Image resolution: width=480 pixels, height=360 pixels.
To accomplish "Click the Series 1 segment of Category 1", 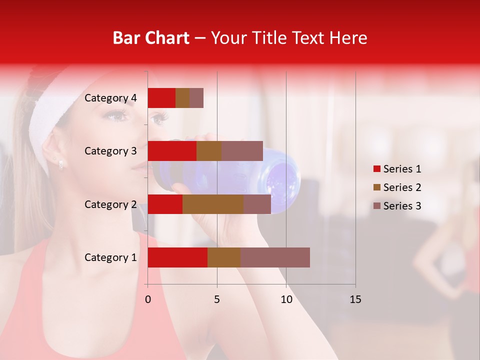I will tap(177, 257).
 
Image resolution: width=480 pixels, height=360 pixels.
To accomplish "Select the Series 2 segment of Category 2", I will tap(213, 204).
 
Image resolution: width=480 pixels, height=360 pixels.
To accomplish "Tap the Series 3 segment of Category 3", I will tap(242, 151).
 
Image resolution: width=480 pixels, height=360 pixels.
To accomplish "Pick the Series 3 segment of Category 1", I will tap(275, 257).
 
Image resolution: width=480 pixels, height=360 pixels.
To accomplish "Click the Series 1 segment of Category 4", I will tap(161, 98).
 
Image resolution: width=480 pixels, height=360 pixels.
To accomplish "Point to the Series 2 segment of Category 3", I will tap(209, 151).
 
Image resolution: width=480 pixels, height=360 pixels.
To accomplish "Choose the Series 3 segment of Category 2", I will tap(257, 204).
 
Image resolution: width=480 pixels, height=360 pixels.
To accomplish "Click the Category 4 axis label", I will tap(110, 98).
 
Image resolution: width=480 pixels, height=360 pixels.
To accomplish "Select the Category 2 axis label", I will tap(110, 204).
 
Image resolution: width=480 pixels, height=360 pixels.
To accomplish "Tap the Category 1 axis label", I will tap(110, 257).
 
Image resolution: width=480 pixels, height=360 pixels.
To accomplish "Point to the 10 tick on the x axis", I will tap(286, 299).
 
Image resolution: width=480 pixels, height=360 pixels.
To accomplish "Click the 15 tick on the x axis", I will tap(355, 299).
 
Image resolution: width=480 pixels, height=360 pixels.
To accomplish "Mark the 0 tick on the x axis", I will tap(148, 299).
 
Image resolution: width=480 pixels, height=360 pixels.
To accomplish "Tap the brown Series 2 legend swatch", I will tap(377, 187).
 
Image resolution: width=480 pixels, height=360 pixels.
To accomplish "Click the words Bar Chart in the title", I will tap(151, 38).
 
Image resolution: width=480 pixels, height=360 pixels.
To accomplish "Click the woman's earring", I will tap(60, 163).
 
